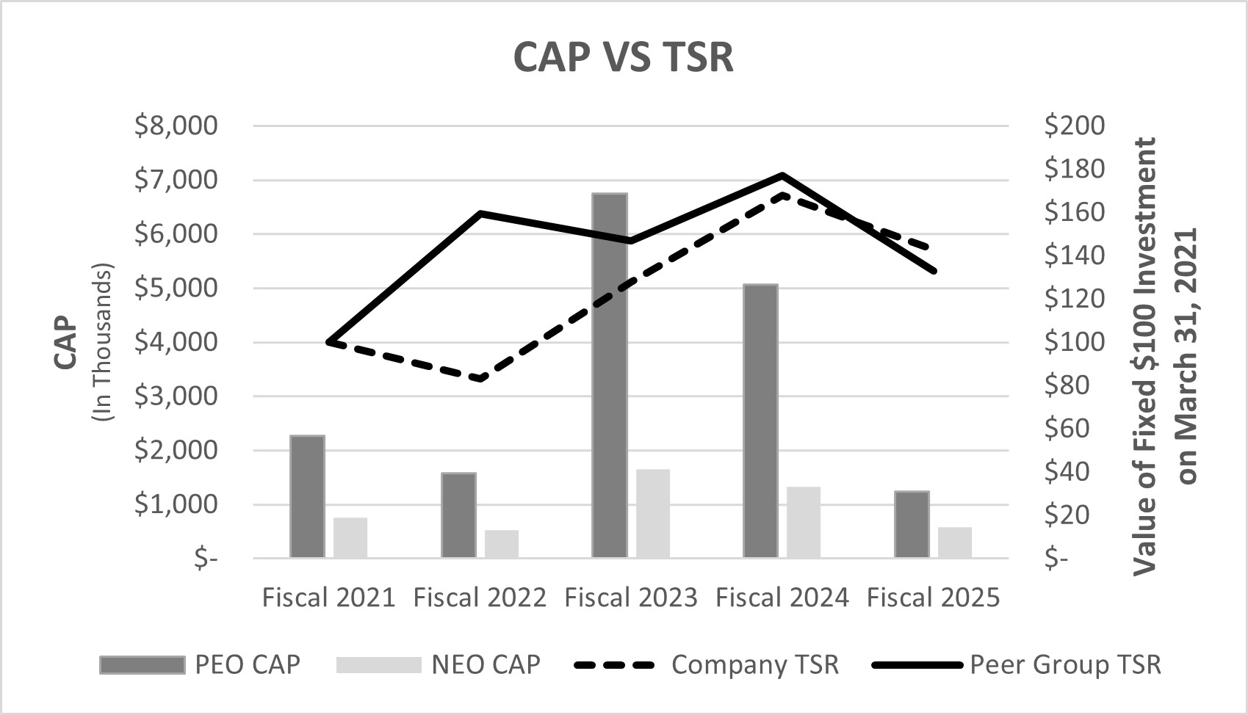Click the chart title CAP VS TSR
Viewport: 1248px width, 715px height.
(623, 57)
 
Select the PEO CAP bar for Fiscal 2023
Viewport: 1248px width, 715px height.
(610, 376)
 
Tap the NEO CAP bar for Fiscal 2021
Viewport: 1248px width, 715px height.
(350, 538)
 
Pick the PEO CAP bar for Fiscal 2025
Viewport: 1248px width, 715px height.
(912, 525)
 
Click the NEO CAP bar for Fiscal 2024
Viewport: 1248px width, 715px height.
(804, 523)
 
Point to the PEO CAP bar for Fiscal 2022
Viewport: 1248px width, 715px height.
(458, 515)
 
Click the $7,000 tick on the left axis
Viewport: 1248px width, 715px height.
(176, 180)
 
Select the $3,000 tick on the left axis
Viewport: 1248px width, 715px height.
(176, 396)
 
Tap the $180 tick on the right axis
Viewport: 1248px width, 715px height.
(1074, 169)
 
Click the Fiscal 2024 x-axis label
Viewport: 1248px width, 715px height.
(782, 598)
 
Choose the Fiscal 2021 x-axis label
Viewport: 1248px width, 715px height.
(328, 598)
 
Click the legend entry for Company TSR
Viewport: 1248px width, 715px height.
(754, 664)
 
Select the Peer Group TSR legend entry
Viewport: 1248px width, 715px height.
(1065, 664)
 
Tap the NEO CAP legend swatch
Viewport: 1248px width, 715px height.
(378, 665)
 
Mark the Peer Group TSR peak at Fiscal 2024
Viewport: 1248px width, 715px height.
(782, 175)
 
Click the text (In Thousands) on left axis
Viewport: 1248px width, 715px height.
(104, 342)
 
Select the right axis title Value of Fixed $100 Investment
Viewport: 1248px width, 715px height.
(1144, 356)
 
